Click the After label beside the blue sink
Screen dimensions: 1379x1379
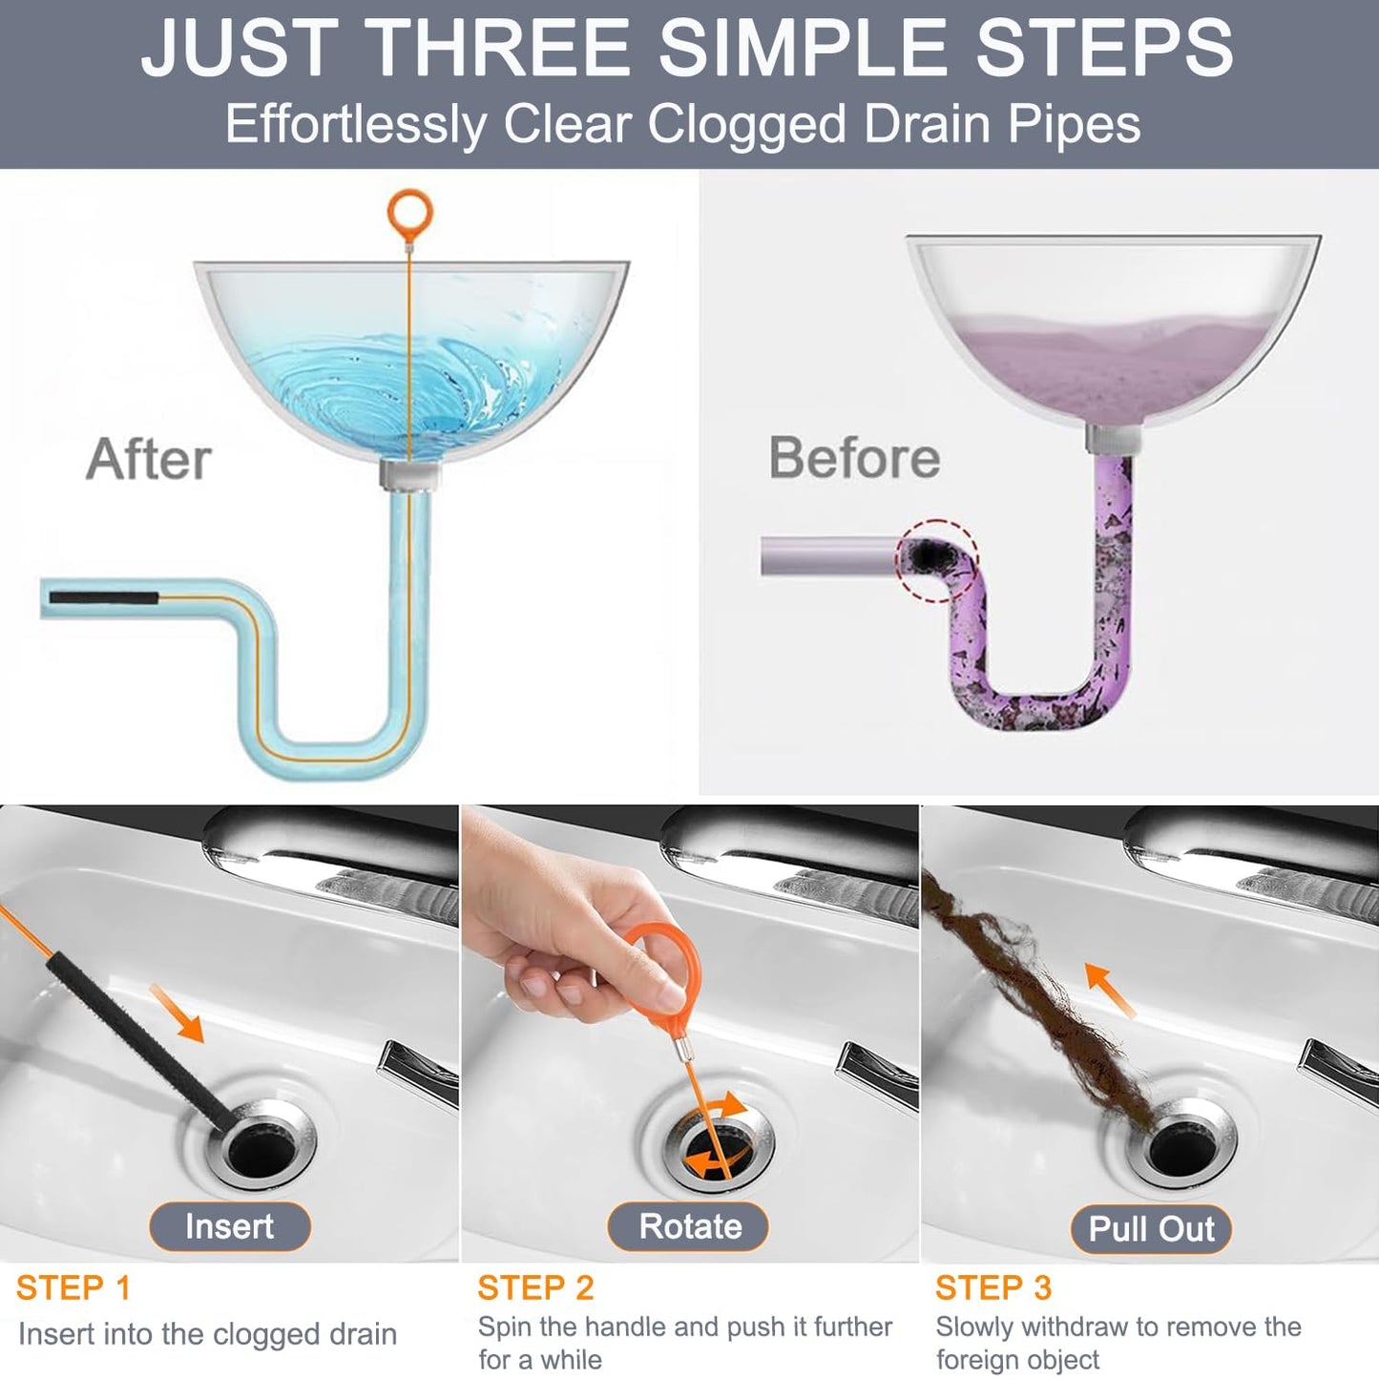click(x=149, y=459)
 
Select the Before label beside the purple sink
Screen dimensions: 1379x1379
click(x=854, y=457)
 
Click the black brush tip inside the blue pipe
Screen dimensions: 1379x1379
click(x=103, y=597)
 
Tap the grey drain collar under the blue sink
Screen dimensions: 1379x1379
click(x=410, y=474)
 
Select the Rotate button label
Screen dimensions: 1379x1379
click(x=689, y=1226)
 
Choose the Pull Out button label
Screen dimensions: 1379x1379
click(x=1151, y=1228)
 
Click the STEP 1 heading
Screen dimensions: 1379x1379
click(x=73, y=1287)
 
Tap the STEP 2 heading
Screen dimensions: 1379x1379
click(x=535, y=1287)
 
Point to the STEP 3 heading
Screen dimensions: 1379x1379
click(x=992, y=1287)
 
